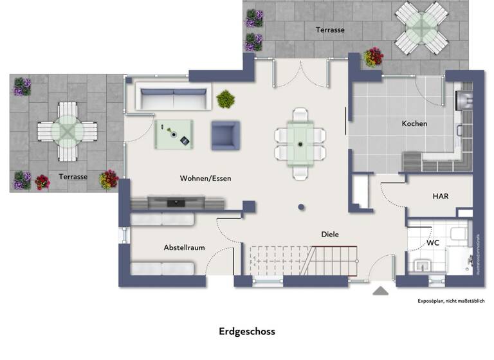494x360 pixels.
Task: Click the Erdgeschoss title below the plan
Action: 247,332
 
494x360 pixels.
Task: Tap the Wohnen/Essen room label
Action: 205,178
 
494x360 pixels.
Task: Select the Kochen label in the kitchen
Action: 414,123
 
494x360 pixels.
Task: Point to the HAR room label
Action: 441,196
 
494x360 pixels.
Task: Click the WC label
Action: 433,244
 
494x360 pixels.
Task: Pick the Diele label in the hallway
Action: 330,235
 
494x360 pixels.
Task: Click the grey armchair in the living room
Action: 225,135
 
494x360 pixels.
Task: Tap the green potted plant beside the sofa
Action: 226,99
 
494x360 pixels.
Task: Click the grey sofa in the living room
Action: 174,99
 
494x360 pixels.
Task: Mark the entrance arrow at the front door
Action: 381,291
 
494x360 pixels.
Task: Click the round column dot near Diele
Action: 301,207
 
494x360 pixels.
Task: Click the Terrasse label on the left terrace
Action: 73,176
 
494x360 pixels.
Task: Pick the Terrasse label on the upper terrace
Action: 330,30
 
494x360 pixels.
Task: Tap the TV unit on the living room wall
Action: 177,203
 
